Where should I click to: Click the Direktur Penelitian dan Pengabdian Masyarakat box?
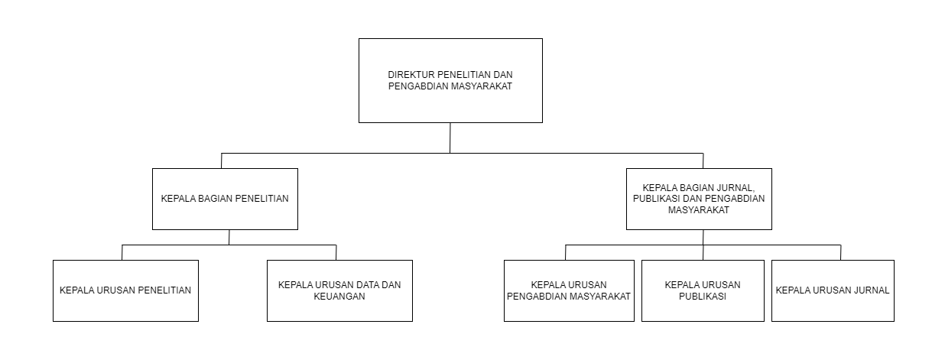450,80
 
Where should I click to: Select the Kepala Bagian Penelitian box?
225,199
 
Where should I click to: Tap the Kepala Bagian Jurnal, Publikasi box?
699,199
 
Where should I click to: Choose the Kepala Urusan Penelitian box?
125,291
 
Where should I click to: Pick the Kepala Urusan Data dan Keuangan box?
339,291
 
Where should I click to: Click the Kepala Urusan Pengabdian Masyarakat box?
569,291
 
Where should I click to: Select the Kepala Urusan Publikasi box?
703,291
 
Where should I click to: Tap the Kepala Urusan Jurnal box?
833,291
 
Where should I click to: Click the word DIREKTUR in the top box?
411,75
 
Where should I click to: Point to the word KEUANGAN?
339,297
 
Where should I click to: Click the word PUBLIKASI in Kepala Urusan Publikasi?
703,297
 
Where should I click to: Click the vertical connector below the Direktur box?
450,138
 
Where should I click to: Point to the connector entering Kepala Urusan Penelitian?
122,252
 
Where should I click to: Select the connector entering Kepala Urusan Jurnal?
841,252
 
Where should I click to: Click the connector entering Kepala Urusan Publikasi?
703,252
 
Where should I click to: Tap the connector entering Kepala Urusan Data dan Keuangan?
336,252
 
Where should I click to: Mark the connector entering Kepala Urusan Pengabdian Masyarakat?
565,252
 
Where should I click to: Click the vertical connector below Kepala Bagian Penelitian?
229,238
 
